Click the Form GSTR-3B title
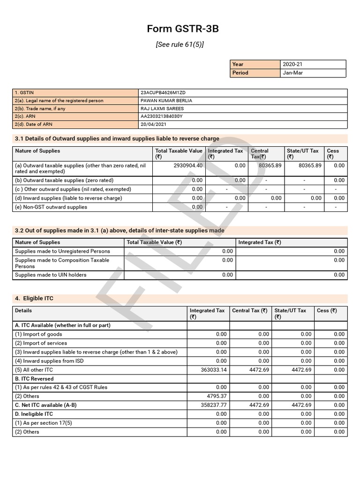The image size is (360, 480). (183, 29)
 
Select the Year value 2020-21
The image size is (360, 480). (293, 64)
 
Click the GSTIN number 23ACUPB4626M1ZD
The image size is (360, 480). (159, 93)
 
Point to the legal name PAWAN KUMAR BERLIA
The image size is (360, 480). (166, 101)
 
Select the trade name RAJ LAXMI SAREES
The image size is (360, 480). (162, 109)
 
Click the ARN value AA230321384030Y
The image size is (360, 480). (162, 116)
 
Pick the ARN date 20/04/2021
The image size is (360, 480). (153, 125)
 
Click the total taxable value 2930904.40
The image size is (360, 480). (187, 165)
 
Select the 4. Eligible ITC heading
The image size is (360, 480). (34, 299)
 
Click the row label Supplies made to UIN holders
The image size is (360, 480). (51, 275)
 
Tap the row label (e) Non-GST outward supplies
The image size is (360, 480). (51, 207)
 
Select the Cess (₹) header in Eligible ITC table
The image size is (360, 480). (327, 310)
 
